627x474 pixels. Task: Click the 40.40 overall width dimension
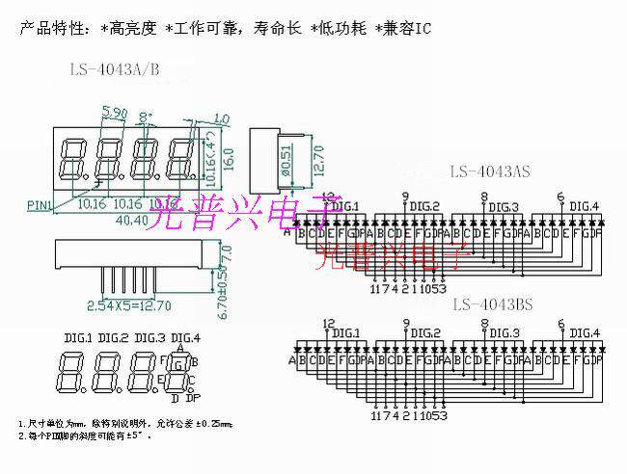pyautogui.click(x=133, y=221)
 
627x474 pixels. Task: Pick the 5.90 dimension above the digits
pyautogui.click(x=114, y=115)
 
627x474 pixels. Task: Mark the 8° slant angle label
pyautogui.click(x=147, y=117)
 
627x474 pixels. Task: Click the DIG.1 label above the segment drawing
pyautogui.click(x=77, y=337)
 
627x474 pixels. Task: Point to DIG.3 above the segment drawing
pyautogui.click(x=150, y=337)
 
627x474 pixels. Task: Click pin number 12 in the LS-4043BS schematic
pyautogui.click(x=329, y=324)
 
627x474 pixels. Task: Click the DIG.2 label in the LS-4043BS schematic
pyautogui.click(x=424, y=333)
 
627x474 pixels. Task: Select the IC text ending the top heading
pyautogui.click(x=421, y=30)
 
